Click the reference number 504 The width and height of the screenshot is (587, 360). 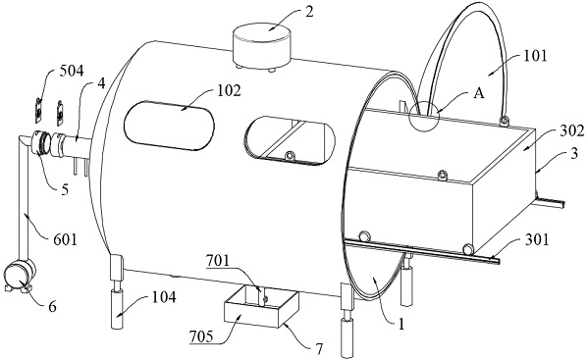tap(71, 71)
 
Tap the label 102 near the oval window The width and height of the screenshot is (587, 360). tap(229, 91)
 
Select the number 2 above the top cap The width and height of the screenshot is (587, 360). tap(309, 12)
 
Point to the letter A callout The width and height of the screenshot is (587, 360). tap(478, 93)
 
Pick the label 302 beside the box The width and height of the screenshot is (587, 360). tap(571, 130)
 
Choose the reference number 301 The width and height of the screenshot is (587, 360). tap(537, 239)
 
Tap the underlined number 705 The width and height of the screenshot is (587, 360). tap(201, 336)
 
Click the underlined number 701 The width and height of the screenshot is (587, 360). tap(218, 260)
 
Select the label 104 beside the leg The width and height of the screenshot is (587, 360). tap(164, 297)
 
